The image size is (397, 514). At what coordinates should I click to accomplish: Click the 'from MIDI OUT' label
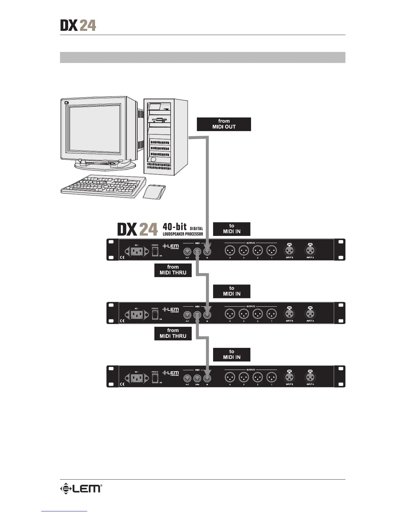[x=224, y=124]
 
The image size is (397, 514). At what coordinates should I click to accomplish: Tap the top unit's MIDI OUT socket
[x=187, y=251]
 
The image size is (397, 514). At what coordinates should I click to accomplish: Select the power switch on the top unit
[x=155, y=251]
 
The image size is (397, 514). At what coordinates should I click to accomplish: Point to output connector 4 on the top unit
[x=230, y=251]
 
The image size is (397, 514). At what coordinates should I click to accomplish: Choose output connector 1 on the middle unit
[x=271, y=314]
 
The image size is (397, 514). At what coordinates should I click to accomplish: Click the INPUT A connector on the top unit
[x=310, y=251]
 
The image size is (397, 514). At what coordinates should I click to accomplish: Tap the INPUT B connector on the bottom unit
[x=289, y=377]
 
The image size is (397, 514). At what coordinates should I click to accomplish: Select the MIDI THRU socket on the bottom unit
[x=197, y=378]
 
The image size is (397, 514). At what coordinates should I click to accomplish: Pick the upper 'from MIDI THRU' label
[x=173, y=270]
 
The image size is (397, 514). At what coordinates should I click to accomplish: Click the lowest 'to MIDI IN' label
[x=232, y=354]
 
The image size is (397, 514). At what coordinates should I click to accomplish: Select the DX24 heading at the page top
[x=78, y=25]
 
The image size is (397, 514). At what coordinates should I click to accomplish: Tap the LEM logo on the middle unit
[x=171, y=310]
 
